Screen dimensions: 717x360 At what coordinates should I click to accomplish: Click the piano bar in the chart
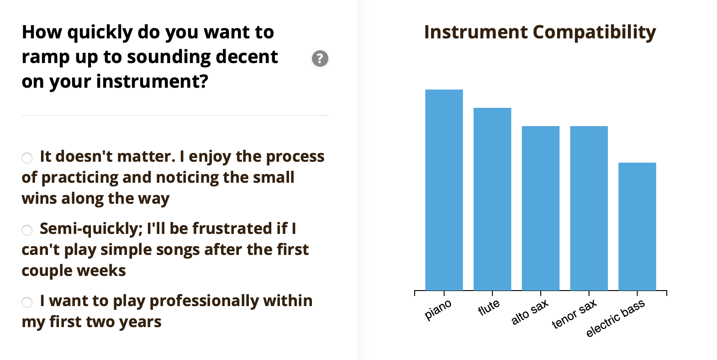444,190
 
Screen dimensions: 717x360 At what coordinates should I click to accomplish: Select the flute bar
492,199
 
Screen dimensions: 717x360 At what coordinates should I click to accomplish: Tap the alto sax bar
541,208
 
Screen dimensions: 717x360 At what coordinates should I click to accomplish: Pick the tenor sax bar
589,208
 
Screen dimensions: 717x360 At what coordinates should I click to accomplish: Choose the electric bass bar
637,227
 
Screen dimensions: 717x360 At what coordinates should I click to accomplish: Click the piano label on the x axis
438,309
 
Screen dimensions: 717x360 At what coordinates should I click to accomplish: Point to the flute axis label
489,307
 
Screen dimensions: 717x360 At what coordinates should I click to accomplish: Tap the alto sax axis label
530,312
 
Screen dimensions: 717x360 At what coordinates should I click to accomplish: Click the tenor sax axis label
574,313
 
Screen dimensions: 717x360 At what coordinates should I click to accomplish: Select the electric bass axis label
615,318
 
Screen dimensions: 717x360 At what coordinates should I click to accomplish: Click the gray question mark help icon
320,58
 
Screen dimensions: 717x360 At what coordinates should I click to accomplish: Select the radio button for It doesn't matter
27,158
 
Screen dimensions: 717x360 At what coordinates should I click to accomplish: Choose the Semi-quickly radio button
27,230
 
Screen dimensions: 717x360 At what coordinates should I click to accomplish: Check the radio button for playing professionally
27,302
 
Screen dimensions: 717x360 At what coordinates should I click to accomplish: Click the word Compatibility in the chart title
595,33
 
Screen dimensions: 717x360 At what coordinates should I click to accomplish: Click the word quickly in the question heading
100,33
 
